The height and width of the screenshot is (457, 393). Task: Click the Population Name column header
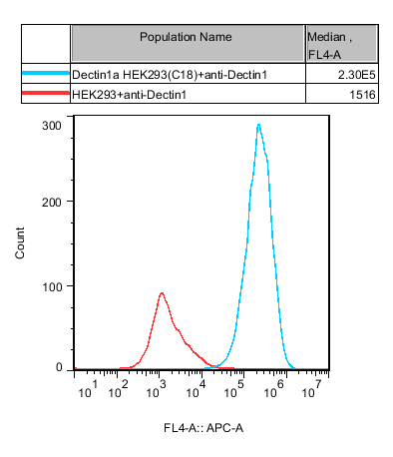tap(186, 37)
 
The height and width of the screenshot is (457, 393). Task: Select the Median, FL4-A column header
tap(329, 46)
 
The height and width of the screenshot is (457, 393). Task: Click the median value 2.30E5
tap(357, 75)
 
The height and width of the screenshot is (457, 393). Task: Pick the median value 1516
tap(362, 95)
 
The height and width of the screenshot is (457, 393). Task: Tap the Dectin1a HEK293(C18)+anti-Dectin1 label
tap(170, 75)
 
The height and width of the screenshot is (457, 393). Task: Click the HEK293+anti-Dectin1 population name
tap(129, 95)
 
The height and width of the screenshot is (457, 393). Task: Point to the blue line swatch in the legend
tap(46, 73)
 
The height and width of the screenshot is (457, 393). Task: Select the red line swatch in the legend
tap(46, 93)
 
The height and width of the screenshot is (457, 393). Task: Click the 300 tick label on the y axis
tap(52, 126)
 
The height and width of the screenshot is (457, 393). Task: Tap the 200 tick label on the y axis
tap(52, 202)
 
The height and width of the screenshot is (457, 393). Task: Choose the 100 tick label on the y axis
tap(52, 286)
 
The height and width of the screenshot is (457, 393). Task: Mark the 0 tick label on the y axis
tap(59, 367)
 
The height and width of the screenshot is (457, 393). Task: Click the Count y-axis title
tap(20, 242)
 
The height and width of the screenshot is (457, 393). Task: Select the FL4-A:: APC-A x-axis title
tap(203, 428)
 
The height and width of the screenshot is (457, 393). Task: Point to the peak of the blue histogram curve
tap(258, 125)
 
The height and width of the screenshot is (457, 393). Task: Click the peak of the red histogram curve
tap(162, 293)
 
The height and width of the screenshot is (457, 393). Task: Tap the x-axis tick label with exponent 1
tap(88, 389)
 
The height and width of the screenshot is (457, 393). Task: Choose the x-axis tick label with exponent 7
tap(311, 389)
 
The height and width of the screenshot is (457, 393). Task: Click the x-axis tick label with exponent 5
tap(234, 389)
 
